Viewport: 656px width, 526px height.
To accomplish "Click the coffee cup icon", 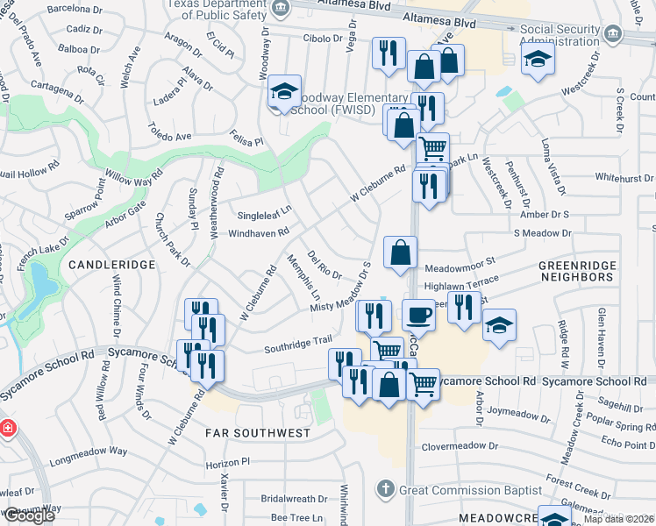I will coord(418,315).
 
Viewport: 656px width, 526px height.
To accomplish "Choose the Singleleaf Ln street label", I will coord(264,214).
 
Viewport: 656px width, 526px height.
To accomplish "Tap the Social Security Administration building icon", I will coord(611,35).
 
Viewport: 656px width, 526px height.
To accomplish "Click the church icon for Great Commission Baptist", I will coord(385,487).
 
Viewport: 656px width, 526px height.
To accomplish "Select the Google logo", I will coord(28,516).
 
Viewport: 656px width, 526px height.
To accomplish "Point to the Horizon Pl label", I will coord(228,461).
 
